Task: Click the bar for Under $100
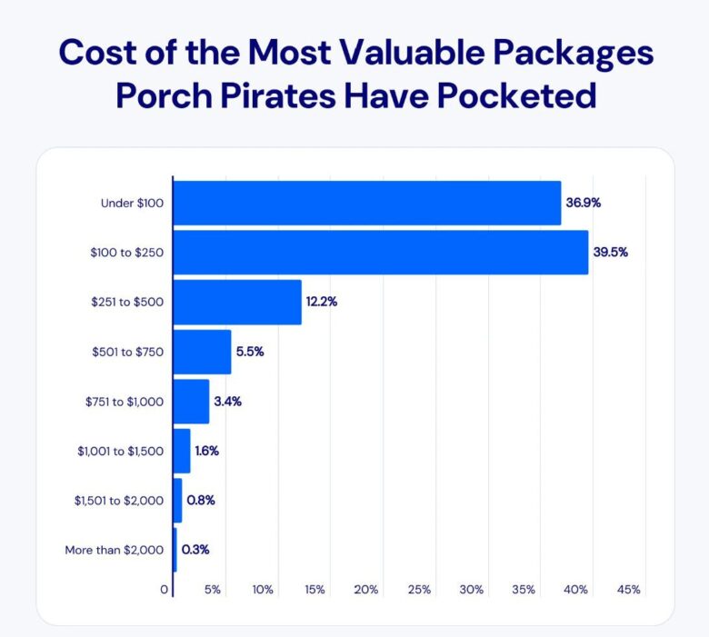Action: pos(366,203)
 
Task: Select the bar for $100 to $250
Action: pos(380,252)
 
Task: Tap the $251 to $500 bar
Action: pos(237,302)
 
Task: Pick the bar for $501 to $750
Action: pos(202,352)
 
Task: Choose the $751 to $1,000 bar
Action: pos(191,401)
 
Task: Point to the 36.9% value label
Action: pos(583,203)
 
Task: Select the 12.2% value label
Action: pos(323,302)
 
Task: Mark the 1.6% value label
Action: pos(207,451)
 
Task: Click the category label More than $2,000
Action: pos(115,550)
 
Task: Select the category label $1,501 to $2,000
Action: pos(119,500)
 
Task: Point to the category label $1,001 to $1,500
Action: pos(119,451)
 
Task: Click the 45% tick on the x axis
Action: pos(629,590)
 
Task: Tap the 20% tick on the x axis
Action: pos(366,590)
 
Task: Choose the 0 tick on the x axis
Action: pos(165,590)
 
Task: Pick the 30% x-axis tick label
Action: pos(471,590)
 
